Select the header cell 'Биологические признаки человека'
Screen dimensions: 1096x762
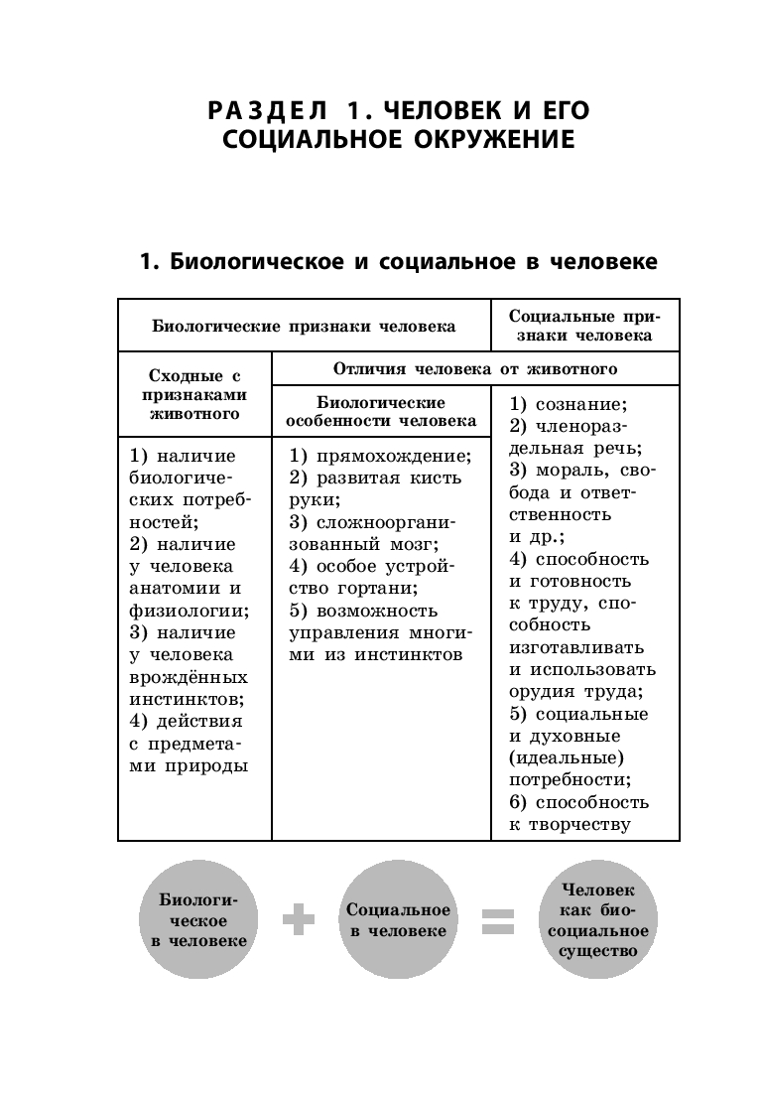coord(304,326)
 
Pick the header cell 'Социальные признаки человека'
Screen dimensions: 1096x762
coord(584,326)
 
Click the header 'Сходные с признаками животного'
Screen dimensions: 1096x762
coord(193,394)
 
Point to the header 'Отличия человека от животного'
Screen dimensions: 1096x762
coord(475,369)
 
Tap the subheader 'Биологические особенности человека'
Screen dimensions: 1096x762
coord(381,411)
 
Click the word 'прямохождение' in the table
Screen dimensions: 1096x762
coord(392,457)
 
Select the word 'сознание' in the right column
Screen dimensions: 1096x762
coord(580,405)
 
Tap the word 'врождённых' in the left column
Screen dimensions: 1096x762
coord(189,676)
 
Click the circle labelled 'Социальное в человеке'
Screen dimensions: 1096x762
coord(398,921)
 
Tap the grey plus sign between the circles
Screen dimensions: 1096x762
coord(298,922)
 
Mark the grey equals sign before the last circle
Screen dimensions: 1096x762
coord(498,922)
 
